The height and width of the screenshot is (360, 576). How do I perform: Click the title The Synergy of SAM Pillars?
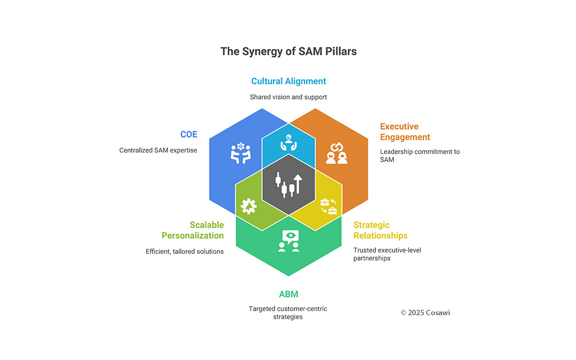tap(288, 52)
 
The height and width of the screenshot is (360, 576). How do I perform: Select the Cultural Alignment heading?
tap(288, 81)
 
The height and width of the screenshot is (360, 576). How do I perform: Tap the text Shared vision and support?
tap(288, 97)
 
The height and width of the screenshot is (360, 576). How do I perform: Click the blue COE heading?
tap(188, 134)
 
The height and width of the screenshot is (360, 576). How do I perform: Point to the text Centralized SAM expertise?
tap(158, 150)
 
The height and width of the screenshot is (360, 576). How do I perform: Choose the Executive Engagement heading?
tap(405, 132)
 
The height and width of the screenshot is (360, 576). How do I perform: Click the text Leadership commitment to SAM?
tap(419, 155)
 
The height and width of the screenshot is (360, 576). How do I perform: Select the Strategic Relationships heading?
tap(380, 230)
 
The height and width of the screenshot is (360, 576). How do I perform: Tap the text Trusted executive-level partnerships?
tap(387, 254)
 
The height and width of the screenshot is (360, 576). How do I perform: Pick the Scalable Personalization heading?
tap(193, 230)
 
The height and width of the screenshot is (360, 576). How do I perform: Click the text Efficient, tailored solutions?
tap(185, 251)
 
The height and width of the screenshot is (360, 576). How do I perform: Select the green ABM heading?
tap(288, 294)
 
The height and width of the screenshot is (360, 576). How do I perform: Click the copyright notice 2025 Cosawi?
tap(425, 313)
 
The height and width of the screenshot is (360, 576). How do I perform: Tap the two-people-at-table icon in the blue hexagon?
tap(241, 153)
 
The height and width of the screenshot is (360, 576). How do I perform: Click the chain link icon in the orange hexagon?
tap(337, 154)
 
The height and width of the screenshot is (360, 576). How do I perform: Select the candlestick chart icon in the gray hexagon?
tap(288, 184)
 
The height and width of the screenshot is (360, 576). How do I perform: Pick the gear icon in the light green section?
tap(249, 206)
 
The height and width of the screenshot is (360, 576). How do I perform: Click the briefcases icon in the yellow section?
tap(328, 206)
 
